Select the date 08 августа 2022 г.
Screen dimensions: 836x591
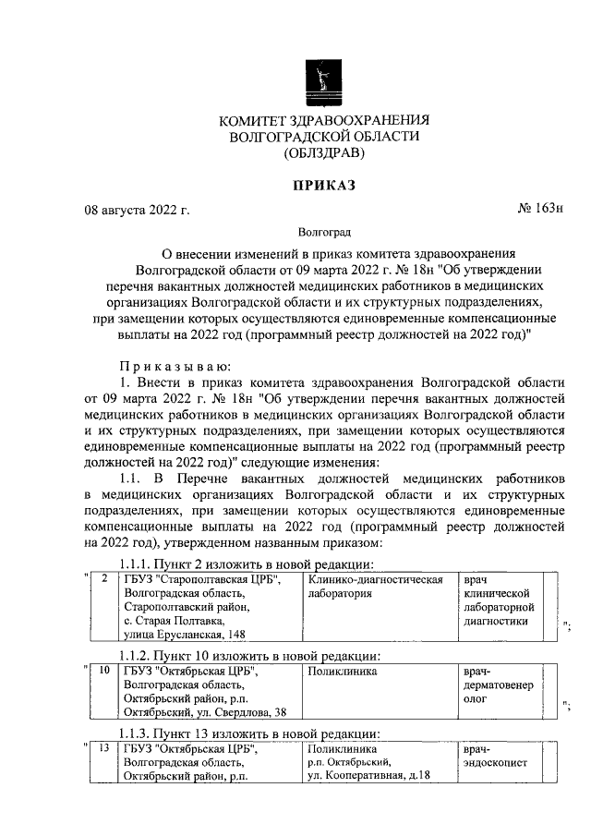[x=137, y=211]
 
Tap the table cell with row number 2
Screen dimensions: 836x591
[x=105, y=580]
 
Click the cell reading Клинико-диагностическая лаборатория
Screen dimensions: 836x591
[x=374, y=587]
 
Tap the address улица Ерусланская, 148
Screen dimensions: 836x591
[x=185, y=636]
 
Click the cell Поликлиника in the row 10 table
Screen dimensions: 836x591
[x=343, y=672]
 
